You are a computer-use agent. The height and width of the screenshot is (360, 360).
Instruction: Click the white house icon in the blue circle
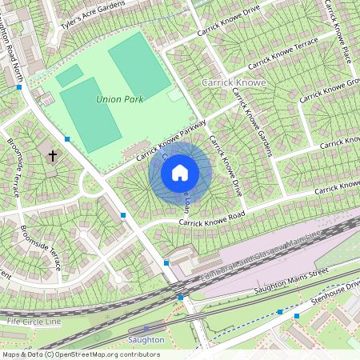click(x=180, y=172)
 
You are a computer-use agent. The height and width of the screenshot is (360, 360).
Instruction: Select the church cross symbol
click(x=52, y=156)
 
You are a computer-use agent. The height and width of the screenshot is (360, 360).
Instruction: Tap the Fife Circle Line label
click(x=34, y=321)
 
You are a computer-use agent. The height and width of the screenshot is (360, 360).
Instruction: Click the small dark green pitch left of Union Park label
click(x=70, y=76)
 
